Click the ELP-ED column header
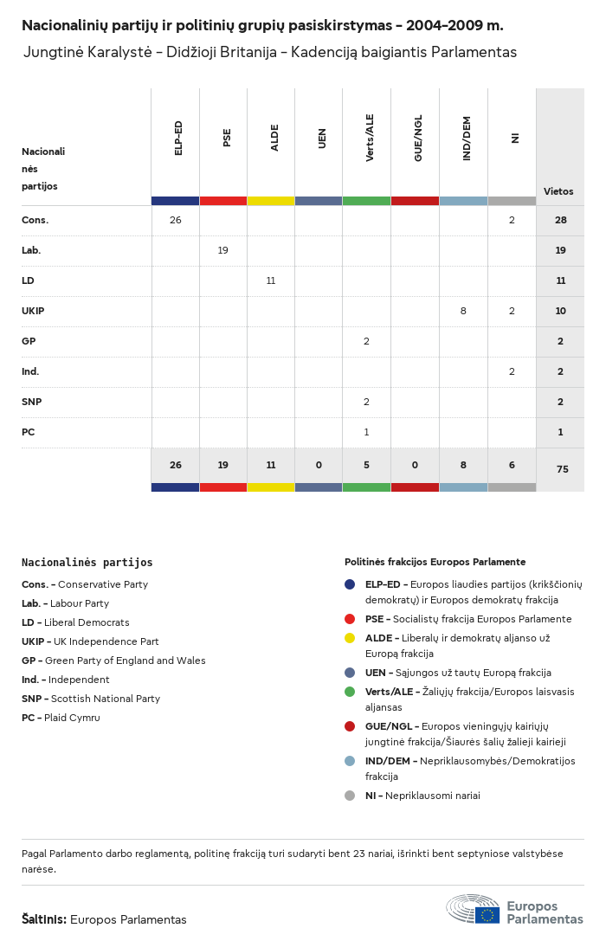pyautogui.click(x=178, y=138)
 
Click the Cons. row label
pyautogui.click(x=35, y=220)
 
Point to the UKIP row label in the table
pyautogui.click(x=34, y=311)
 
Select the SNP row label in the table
pyautogui.click(x=31, y=402)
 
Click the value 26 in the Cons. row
pyautogui.click(x=176, y=220)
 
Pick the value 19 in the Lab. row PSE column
pyautogui.click(x=223, y=250)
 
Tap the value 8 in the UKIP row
pyautogui.click(x=463, y=311)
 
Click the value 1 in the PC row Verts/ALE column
pyautogui.click(x=366, y=432)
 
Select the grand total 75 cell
pyautogui.click(x=560, y=469)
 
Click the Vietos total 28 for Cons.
pyautogui.click(x=560, y=220)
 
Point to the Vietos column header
pyautogui.click(x=558, y=191)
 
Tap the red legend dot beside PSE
pyautogui.click(x=350, y=619)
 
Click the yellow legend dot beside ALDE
pyautogui.click(x=350, y=638)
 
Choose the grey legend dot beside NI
pyautogui.click(x=350, y=796)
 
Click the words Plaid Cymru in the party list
pyautogui.click(x=74, y=718)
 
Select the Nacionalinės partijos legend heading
pyautogui.click(x=87, y=563)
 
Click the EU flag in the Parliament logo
pyautogui.click(x=487, y=914)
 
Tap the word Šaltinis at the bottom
pyautogui.click(x=43, y=919)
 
